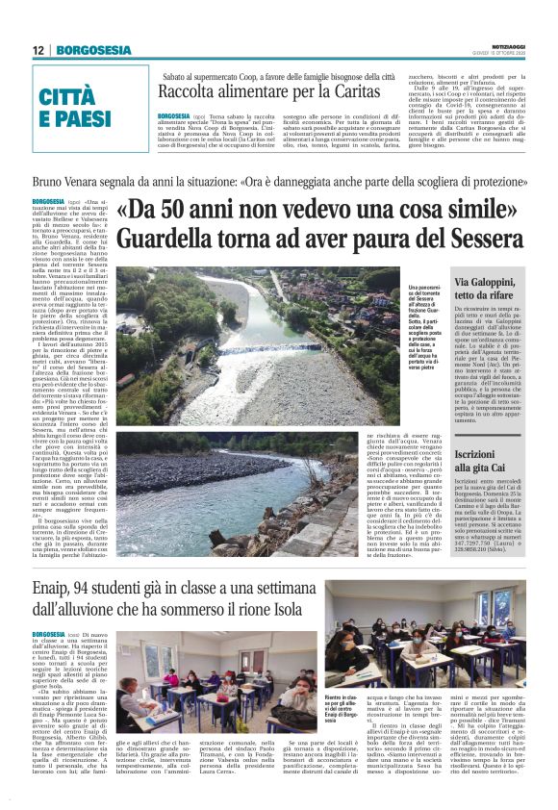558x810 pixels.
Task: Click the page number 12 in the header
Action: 38,50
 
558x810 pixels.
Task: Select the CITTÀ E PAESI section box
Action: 76,107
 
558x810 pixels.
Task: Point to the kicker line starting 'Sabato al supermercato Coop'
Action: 279,75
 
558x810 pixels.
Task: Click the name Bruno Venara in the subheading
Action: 66,180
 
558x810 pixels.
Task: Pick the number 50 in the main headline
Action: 179,211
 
